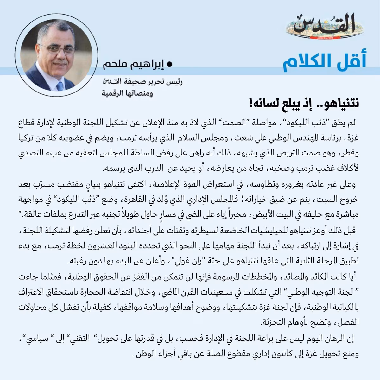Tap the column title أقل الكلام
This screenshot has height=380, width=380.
(x=324, y=62)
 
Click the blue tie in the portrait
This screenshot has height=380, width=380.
(x=60, y=85)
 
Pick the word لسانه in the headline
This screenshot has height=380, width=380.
(x=264, y=104)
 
